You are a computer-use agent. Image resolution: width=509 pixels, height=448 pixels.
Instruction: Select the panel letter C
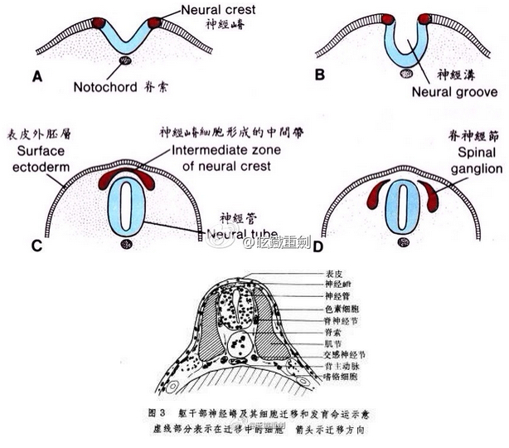coord(36,245)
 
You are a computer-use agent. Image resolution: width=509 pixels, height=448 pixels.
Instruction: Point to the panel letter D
coord(317,245)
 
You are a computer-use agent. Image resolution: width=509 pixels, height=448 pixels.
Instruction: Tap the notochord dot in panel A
coord(126,61)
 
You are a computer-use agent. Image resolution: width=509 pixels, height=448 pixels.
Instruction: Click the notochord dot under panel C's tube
coord(126,243)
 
